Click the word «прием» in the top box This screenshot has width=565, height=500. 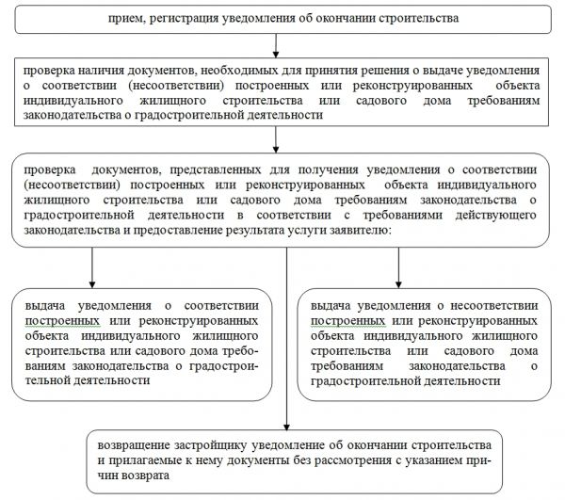(x=125, y=19)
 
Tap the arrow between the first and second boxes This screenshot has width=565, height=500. (x=276, y=46)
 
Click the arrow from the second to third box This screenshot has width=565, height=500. (x=276, y=139)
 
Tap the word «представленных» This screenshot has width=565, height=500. (x=215, y=169)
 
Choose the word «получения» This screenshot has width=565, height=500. (x=328, y=170)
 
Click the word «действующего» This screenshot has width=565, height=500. (x=496, y=215)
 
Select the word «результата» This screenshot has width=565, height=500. (x=255, y=231)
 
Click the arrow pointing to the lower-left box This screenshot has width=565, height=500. (x=92, y=267)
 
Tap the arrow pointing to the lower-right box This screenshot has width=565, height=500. (x=398, y=267)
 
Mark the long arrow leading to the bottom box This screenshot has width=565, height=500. (x=286, y=339)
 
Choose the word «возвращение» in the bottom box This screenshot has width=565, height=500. (x=134, y=445)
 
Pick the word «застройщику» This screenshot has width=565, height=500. (x=211, y=445)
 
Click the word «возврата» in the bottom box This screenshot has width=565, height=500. (x=145, y=476)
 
